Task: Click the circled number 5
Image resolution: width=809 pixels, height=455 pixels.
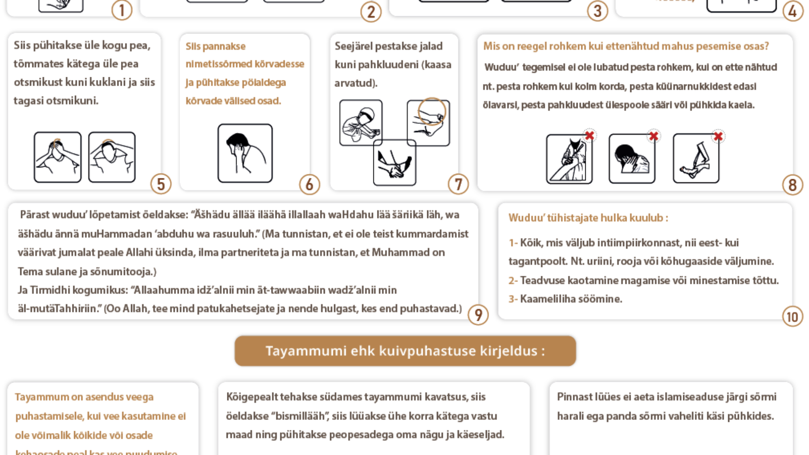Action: coord(161,184)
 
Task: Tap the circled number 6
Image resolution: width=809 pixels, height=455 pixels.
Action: coord(309,184)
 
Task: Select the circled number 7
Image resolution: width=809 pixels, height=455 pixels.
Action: coord(458,184)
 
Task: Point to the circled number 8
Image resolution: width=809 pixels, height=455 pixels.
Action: coord(792,185)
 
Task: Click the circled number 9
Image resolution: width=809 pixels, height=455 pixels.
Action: coord(478,315)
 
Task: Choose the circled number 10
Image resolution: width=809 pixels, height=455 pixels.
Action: coord(792,316)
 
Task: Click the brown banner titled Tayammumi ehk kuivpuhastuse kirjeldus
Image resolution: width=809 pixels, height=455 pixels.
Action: coord(405,351)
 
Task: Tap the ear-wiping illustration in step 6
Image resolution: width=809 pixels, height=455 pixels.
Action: coord(245,153)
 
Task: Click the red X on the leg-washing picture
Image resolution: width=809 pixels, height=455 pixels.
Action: coord(718,136)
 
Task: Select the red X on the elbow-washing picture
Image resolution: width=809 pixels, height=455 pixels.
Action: coord(590,135)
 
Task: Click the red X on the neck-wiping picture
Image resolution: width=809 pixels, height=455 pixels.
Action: coord(654,136)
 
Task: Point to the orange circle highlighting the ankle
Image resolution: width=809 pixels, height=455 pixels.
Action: coord(432,111)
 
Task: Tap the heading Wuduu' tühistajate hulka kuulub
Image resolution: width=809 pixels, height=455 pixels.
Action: coord(588,218)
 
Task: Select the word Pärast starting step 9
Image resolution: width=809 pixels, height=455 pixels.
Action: coord(33,215)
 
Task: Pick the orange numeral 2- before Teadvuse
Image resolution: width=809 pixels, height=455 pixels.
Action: coord(513,280)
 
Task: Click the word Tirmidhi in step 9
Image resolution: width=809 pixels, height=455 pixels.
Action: coord(49,290)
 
